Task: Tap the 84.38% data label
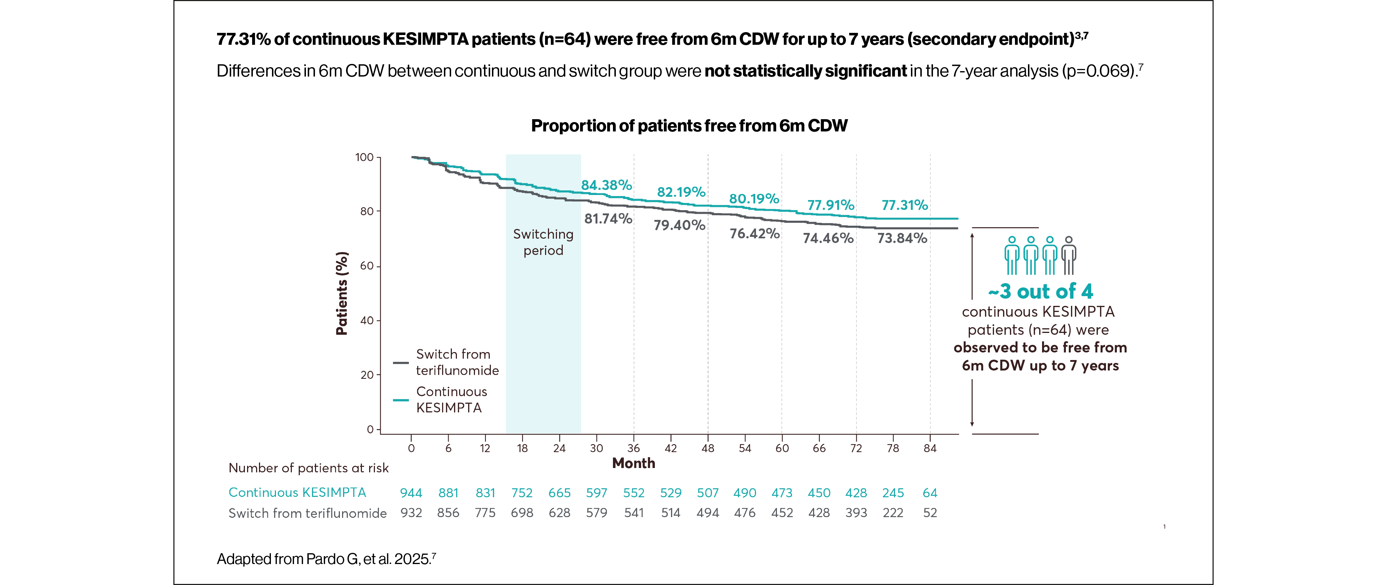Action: (606, 185)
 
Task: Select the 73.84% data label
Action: (902, 238)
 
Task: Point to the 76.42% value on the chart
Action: (754, 234)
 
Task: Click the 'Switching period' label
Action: (543, 242)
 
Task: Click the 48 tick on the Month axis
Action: (708, 448)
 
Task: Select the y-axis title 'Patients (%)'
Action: (341, 293)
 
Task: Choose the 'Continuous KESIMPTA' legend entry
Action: (451, 400)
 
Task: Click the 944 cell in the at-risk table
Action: (411, 493)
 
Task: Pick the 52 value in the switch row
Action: (930, 513)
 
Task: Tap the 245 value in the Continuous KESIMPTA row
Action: (893, 493)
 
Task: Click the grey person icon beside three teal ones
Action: (1068, 256)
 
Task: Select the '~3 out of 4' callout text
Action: (1040, 292)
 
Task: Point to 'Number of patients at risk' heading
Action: (308, 468)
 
